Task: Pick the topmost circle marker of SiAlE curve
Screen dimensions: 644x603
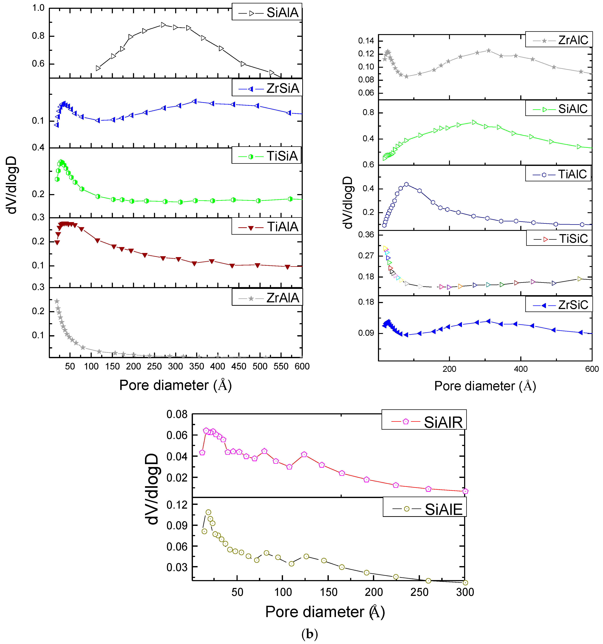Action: [x=208, y=512]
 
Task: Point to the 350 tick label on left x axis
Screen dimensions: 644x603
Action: [x=197, y=366]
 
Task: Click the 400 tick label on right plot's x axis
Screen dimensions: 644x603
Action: [x=521, y=369]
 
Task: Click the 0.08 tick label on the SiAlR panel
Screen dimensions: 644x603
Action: [x=177, y=414]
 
